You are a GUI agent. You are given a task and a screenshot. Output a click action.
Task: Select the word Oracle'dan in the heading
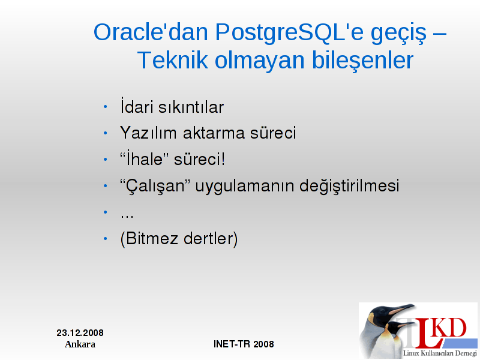click(x=151, y=32)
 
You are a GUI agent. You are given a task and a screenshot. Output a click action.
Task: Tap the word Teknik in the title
click(x=173, y=61)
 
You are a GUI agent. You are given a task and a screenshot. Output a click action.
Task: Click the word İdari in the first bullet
click(x=137, y=106)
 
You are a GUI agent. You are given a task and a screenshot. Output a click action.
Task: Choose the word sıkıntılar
click(x=191, y=107)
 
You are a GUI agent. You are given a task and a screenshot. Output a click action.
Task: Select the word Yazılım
click(x=148, y=133)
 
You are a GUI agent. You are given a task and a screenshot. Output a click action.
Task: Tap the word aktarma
click(x=214, y=133)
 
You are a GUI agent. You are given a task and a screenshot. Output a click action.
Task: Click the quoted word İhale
click(x=145, y=158)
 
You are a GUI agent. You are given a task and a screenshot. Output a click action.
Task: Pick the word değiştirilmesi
click(x=349, y=186)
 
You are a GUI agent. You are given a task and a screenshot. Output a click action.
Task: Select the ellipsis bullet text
click(x=127, y=217)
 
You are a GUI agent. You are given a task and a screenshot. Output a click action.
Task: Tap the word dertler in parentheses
click(x=211, y=238)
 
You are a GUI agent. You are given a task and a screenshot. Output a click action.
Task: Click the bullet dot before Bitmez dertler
click(x=106, y=238)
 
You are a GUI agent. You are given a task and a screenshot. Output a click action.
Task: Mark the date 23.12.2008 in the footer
click(x=80, y=333)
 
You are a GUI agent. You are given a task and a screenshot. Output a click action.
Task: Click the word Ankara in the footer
click(x=80, y=344)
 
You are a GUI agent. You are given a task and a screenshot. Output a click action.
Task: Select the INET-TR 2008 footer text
click(x=244, y=344)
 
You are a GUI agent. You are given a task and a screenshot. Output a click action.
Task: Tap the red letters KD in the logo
click(x=450, y=328)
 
